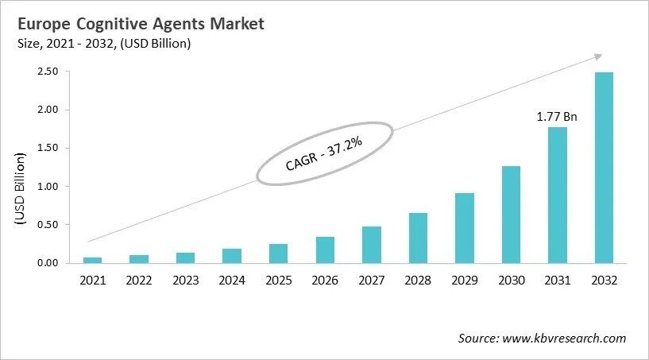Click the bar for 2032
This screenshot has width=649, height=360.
point(603,168)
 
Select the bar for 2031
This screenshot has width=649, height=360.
point(557,195)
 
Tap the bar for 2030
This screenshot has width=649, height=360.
point(511,215)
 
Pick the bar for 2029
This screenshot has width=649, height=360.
point(465,228)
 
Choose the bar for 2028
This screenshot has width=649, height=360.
point(418,238)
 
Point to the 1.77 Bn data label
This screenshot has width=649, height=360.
point(556,117)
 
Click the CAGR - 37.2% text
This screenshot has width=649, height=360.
point(323,153)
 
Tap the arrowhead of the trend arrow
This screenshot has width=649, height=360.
point(597,57)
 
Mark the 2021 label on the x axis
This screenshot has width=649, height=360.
point(93,281)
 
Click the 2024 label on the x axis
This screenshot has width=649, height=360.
point(232,281)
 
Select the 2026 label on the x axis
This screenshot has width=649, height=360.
point(325,281)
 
